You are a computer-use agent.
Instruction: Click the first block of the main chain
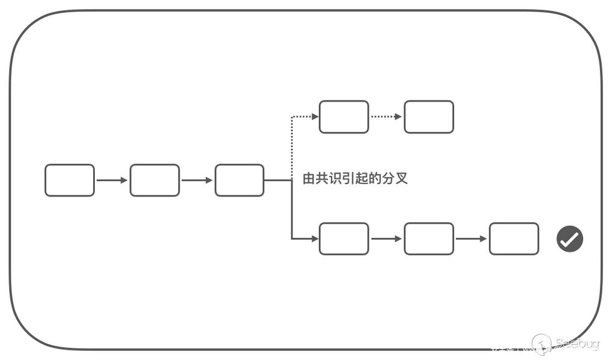click(70, 180)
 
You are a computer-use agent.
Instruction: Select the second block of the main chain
click(154, 180)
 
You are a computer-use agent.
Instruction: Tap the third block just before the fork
click(239, 180)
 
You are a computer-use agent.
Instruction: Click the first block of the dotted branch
click(344, 117)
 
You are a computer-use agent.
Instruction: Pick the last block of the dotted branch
click(428, 117)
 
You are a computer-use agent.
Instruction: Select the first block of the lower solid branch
click(344, 239)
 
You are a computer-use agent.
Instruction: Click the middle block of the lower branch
click(428, 239)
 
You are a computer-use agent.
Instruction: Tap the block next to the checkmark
click(514, 239)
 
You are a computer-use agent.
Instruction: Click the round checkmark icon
click(569, 239)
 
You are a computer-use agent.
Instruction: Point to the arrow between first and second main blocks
click(112, 180)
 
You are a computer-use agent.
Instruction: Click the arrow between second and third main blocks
click(197, 180)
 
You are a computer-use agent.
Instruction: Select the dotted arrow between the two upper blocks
click(386, 117)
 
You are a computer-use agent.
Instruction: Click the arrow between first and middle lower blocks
click(386, 239)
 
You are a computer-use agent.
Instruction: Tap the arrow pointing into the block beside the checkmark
click(471, 239)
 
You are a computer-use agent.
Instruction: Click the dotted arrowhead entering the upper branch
click(315, 117)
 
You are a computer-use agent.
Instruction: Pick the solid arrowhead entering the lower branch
click(315, 239)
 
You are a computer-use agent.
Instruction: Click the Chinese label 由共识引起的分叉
click(355, 178)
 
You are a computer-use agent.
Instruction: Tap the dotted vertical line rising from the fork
click(292, 144)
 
